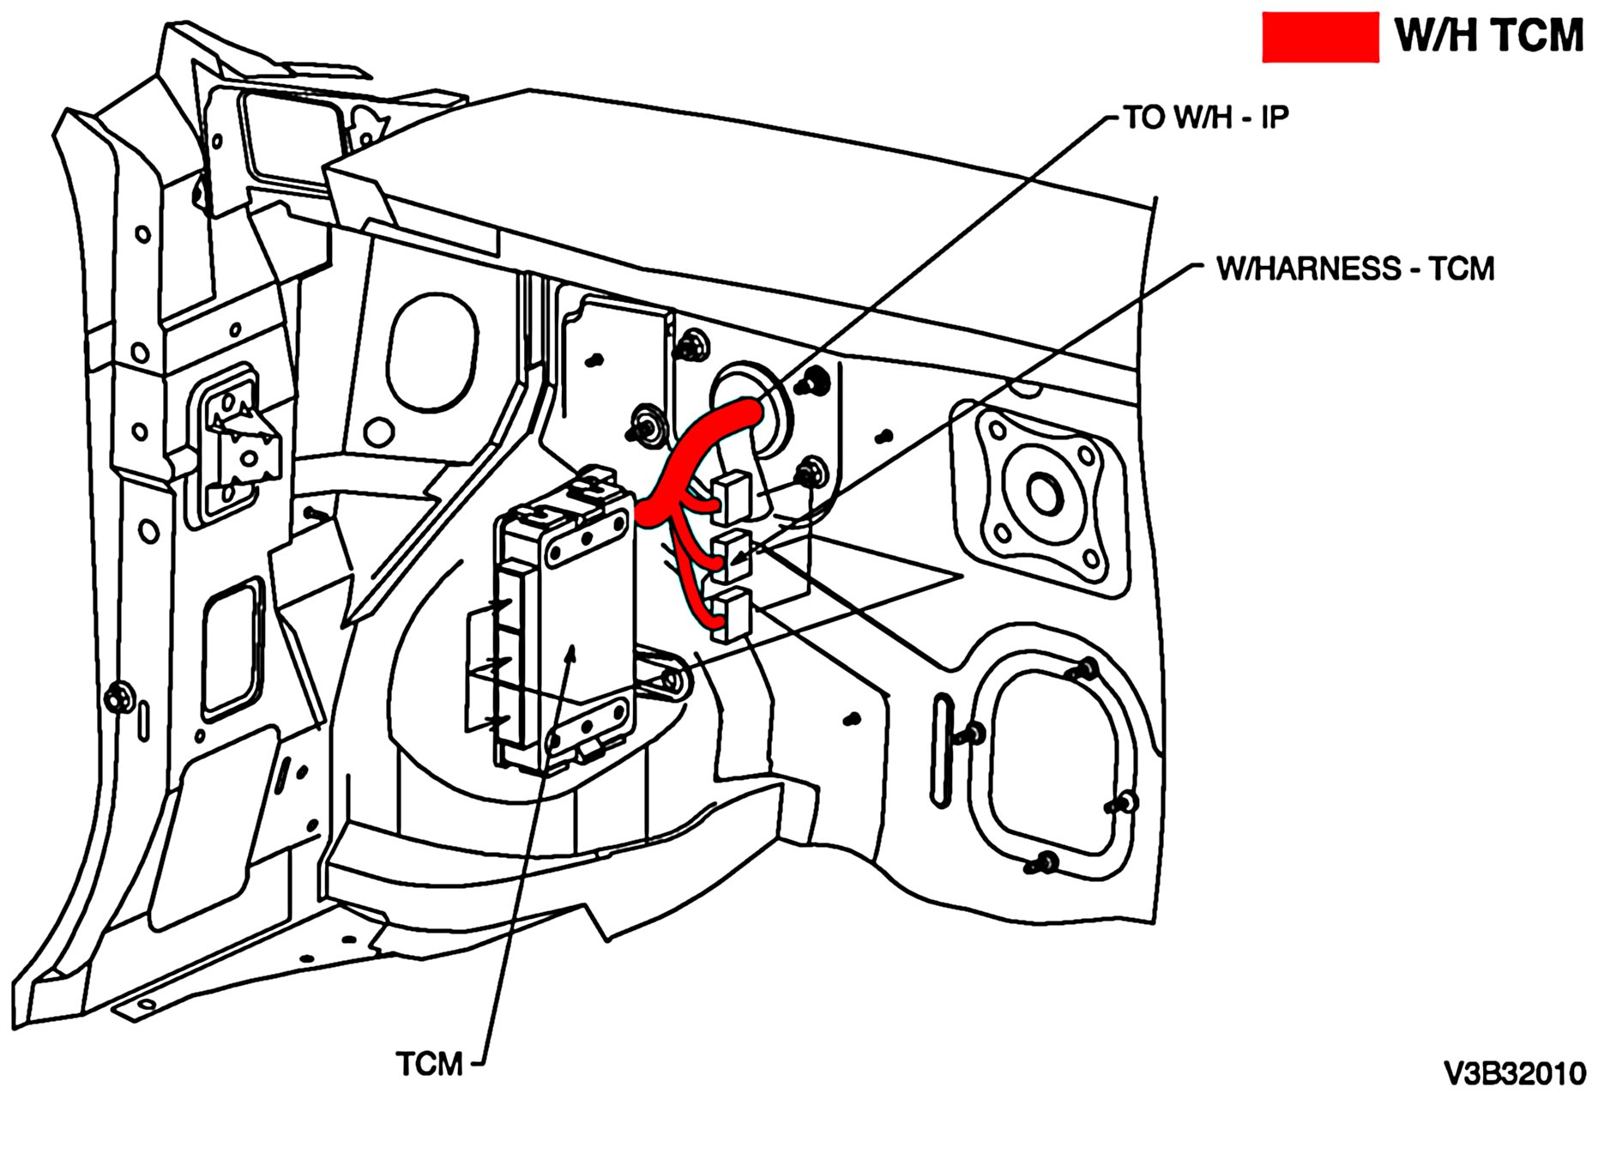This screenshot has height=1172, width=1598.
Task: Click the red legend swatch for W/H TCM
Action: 1319,37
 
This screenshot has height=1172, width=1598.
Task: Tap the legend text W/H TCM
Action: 1488,36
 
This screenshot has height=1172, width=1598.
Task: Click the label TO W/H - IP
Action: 1206,117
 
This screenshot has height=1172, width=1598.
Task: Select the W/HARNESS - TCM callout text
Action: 1355,269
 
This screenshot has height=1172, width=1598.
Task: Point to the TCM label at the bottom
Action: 429,1064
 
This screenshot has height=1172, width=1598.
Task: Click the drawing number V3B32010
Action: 1515,1073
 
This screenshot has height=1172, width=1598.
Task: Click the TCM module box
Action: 566,635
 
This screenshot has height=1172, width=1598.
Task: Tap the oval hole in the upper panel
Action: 431,351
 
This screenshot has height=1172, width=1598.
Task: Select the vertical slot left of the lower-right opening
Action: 942,749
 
